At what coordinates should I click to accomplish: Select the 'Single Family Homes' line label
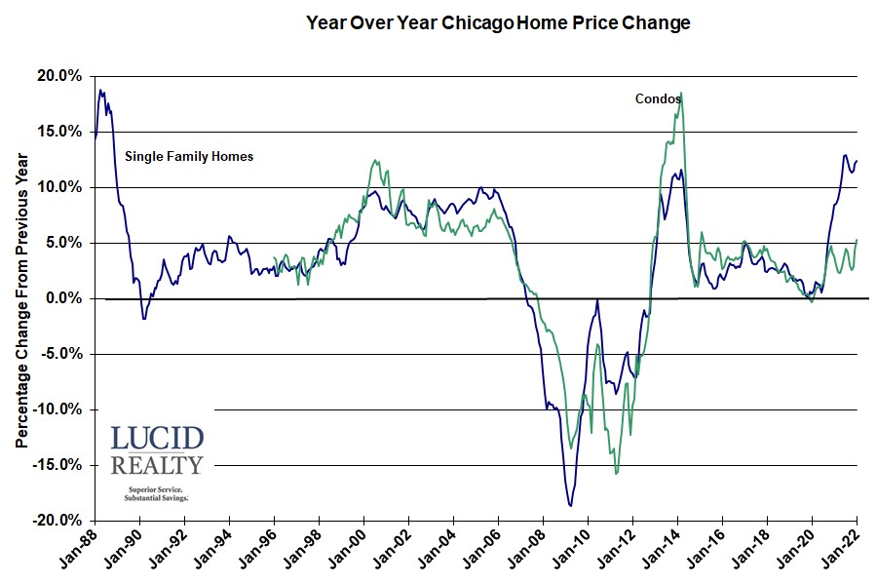point(188,156)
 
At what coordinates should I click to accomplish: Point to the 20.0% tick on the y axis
point(61,76)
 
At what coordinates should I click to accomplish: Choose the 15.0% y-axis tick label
point(61,132)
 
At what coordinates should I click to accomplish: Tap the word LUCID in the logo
point(156,438)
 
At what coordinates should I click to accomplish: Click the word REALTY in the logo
point(156,464)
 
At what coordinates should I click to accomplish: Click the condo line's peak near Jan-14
point(680,94)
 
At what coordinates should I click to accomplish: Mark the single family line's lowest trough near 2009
point(570,505)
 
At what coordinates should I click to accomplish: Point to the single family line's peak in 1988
point(100,91)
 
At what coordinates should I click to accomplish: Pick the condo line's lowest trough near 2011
point(616,474)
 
